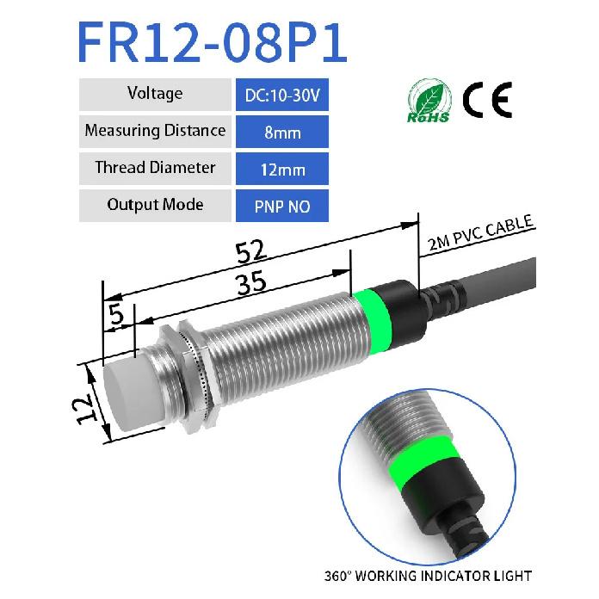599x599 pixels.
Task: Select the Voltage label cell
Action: [154, 94]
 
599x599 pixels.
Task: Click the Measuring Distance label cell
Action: [154, 131]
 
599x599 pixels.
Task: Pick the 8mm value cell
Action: [281, 133]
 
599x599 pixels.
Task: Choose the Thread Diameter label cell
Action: [154, 168]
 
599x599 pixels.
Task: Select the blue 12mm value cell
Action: [281, 170]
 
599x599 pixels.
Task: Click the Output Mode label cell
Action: [154, 205]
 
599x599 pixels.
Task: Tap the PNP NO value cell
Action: [281, 207]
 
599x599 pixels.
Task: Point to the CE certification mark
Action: [487, 101]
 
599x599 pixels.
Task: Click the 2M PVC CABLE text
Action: [482, 235]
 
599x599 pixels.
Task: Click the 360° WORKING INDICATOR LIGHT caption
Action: [428, 576]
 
